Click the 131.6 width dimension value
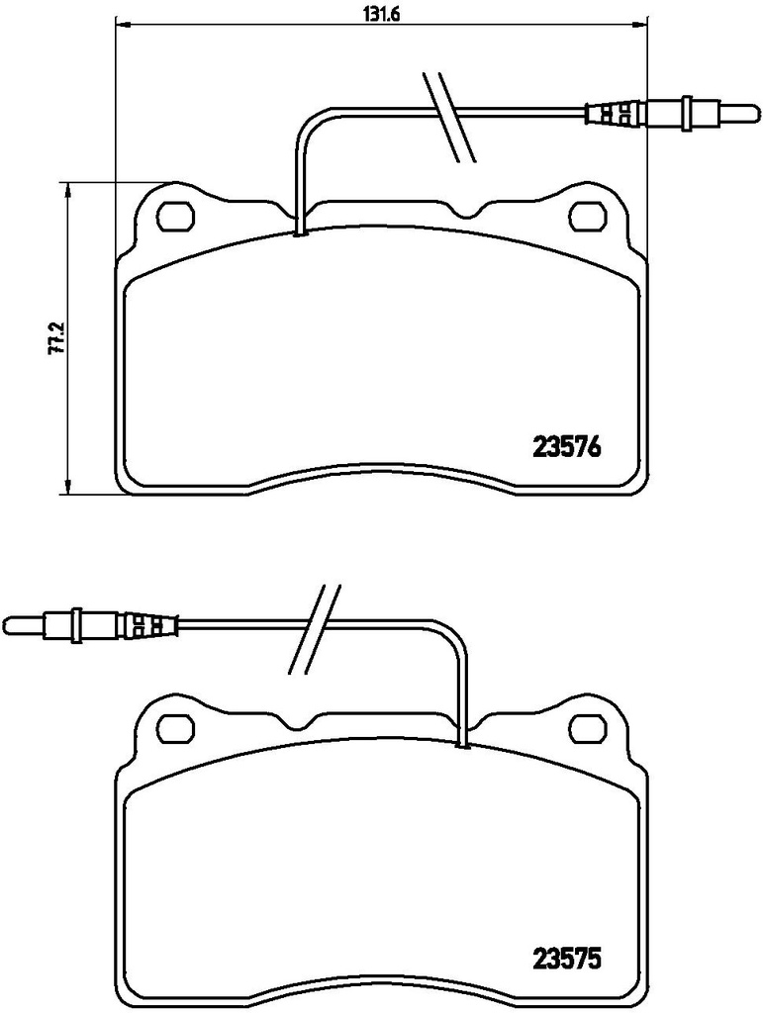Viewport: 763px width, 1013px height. (x=381, y=14)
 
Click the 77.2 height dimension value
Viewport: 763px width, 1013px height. (x=56, y=337)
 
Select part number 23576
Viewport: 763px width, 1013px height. (x=566, y=447)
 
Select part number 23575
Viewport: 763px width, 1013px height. (x=566, y=960)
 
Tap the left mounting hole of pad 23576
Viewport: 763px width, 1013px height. (x=176, y=217)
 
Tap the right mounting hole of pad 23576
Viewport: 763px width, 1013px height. (x=587, y=217)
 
